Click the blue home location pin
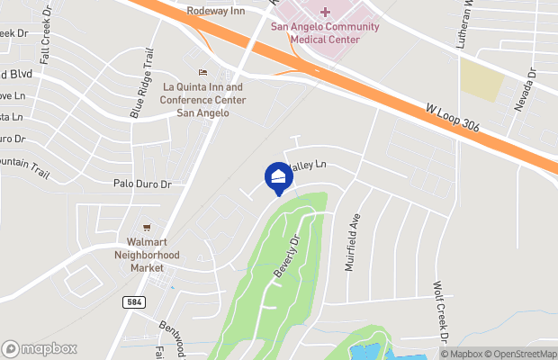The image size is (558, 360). coord(278,178)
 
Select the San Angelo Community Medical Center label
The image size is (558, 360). coord(326,32)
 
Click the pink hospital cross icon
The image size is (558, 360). coord(325,12)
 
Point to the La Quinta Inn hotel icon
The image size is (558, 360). coord(202,72)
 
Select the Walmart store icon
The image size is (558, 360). coord(146,227)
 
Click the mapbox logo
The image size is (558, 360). coord(39,348)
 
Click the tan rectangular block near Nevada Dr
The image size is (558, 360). coord(481,80)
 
